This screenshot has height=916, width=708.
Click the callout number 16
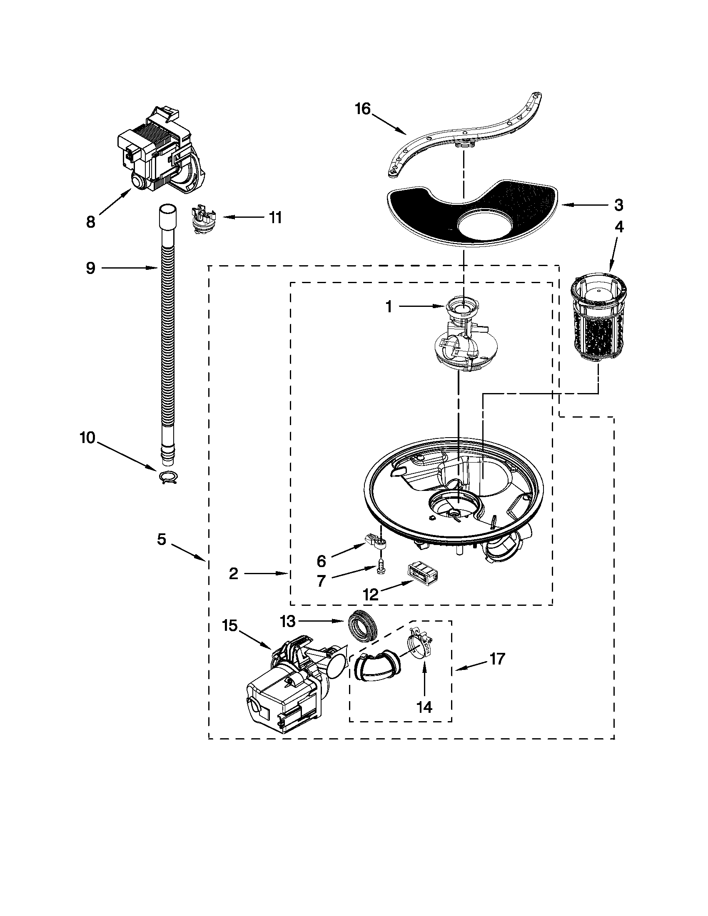(x=363, y=110)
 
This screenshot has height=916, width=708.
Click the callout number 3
(x=618, y=206)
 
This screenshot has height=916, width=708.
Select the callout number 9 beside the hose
(x=91, y=268)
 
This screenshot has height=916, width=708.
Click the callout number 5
(x=162, y=539)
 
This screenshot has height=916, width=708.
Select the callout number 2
(x=234, y=573)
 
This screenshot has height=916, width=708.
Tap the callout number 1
(x=389, y=307)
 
